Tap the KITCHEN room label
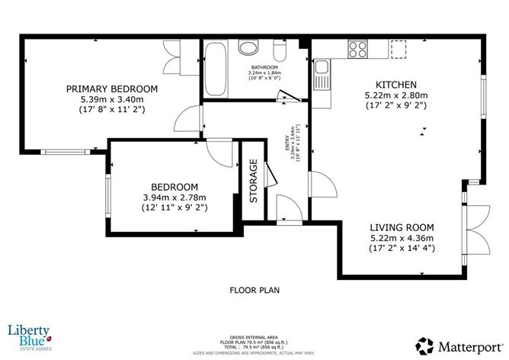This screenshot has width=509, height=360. [x=395, y=84]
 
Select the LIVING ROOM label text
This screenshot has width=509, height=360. [x=402, y=227]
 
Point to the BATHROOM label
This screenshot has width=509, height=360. [x=266, y=66]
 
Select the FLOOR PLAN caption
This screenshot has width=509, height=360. [x=254, y=290]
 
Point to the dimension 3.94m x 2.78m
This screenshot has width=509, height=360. [x=174, y=197]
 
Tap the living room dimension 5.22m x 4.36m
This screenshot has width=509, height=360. [x=402, y=238]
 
